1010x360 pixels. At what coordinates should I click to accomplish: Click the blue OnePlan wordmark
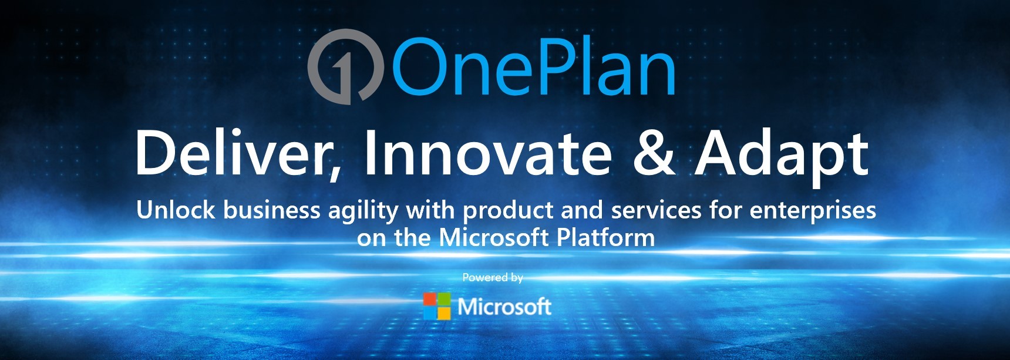click(x=533, y=66)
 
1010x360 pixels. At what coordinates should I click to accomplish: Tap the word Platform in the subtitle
click(x=605, y=238)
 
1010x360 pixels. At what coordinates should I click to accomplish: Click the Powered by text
click(x=492, y=277)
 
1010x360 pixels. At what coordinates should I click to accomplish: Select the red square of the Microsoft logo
click(x=430, y=300)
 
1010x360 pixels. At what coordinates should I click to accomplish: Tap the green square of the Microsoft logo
click(x=444, y=300)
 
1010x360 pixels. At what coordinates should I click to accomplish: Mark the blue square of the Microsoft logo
click(x=430, y=313)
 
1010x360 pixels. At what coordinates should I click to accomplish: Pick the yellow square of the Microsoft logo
click(x=444, y=313)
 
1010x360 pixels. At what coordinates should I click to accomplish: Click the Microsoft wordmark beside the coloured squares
click(x=504, y=307)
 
